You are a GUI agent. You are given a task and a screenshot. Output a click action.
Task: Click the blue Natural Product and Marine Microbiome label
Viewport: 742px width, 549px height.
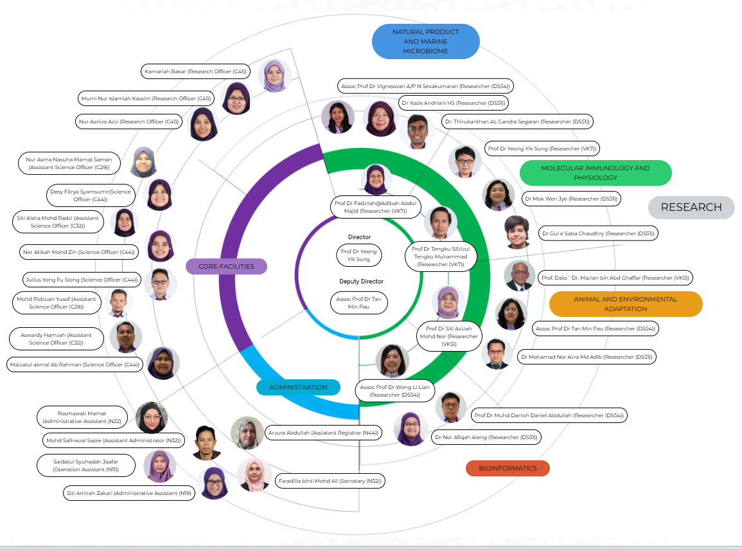click(x=425, y=41)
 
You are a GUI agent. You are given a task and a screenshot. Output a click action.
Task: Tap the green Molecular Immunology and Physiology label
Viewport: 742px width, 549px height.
click(x=595, y=172)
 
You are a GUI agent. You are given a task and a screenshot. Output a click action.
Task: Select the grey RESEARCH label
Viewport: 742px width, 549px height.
click(x=691, y=207)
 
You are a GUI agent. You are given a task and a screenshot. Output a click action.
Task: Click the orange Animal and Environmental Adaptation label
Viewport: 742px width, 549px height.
click(x=625, y=304)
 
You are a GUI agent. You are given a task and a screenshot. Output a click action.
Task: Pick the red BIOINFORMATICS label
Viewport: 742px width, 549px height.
click(x=507, y=468)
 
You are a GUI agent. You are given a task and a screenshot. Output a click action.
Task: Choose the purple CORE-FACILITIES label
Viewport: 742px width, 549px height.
click(x=226, y=266)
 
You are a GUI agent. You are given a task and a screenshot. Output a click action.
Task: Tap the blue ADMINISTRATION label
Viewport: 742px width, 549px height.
click(x=298, y=387)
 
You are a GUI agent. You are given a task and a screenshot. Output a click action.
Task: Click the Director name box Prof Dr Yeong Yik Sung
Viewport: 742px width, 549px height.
click(x=359, y=255)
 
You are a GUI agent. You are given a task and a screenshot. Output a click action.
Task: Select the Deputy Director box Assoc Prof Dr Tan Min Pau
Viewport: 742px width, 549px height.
click(x=359, y=303)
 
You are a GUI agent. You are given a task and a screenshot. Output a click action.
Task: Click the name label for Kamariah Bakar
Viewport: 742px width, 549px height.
click(x=195, y=71)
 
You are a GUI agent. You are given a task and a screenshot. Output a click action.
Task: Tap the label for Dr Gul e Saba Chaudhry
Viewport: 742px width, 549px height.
click(x=597, y=234)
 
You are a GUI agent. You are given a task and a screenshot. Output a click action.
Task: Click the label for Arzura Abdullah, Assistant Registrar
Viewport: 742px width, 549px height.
click(x=322, y=433)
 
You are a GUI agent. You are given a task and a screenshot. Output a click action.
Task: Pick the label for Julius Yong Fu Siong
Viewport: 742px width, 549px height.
click(x=81, y=280)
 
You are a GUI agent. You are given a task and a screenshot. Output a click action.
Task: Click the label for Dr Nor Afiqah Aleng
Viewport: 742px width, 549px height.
click(x=485, y=437)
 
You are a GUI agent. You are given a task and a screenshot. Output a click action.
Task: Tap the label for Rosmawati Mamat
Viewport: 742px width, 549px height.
click(x=82, y=417)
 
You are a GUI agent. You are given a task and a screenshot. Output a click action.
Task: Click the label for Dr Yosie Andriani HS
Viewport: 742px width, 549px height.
click(x=453, y=103)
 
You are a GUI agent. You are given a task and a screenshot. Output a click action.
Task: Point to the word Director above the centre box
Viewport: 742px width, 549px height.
click(x=359, y=237)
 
